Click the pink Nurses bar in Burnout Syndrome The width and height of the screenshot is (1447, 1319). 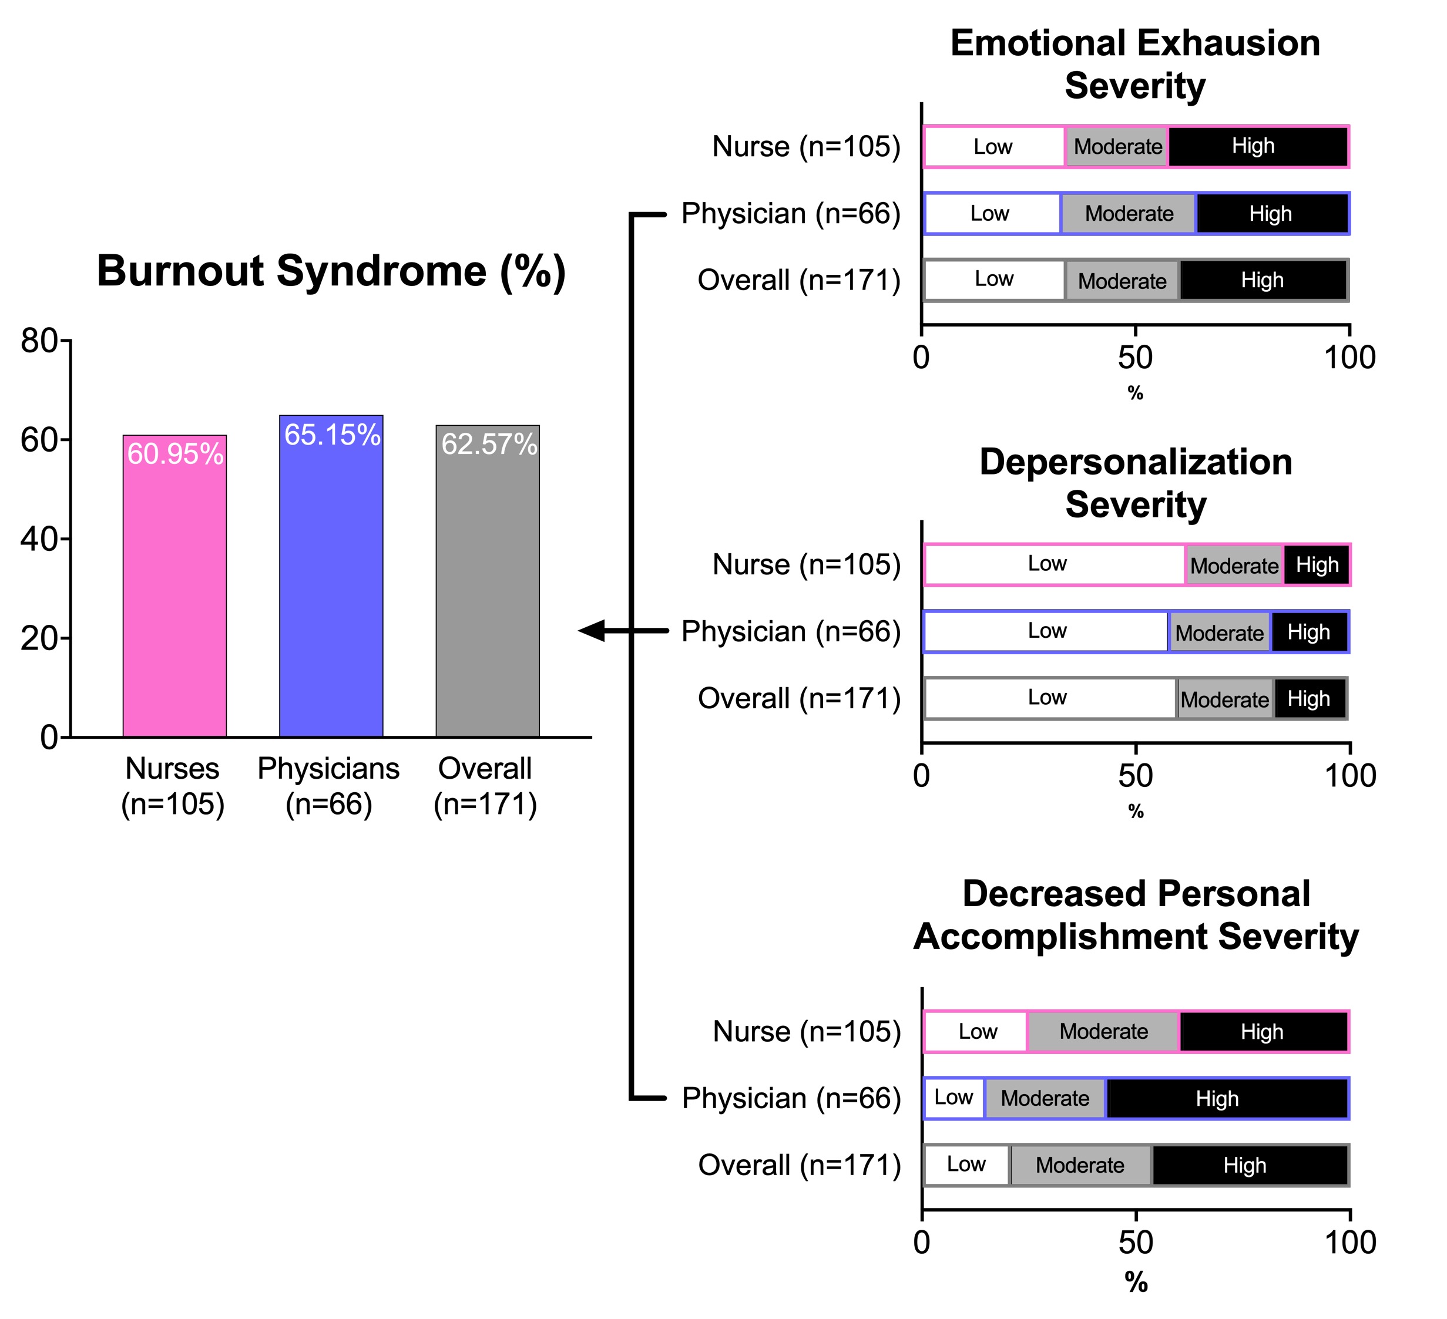point(174,586)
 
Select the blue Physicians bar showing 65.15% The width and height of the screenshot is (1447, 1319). point(331,576)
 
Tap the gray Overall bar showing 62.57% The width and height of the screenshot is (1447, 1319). point(488,581)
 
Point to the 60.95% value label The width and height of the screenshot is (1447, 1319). point(175,455)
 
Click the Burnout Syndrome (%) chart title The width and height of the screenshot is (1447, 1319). point(331,271)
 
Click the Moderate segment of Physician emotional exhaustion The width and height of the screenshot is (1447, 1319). point(1129,214)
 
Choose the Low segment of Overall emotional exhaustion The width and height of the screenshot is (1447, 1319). point(994,280)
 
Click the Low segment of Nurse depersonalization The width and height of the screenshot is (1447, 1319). point(1053,565)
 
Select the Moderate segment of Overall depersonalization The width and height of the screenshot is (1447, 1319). point(1225,698)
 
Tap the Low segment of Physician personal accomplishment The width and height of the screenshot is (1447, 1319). point(954,1098)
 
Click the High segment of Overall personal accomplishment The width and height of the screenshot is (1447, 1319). point(1250,1165)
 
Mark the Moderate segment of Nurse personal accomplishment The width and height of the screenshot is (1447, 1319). point(1103,1032)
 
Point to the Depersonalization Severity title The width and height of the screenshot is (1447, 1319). point(1136,483)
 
